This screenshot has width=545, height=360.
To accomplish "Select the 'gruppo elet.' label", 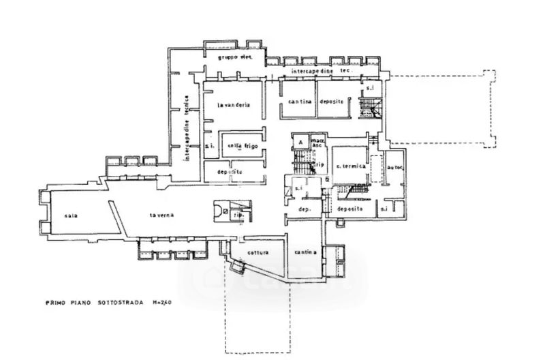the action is [x=235, y=59].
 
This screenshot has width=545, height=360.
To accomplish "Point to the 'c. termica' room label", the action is [x=350, y=167].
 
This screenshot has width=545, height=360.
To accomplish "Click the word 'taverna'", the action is [x=163, y=215].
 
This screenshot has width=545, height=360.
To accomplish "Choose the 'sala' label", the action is [x=72, y=215].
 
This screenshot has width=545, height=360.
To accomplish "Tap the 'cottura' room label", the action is [x=258, y=252].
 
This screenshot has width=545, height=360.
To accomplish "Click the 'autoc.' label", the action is [x=394, y=167].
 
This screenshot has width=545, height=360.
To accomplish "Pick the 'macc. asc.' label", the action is [x=317, y=143].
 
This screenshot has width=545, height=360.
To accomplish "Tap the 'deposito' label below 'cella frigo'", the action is [x=230, y=172].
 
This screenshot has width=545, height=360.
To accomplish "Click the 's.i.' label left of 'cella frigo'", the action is [x=210, y=146].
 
